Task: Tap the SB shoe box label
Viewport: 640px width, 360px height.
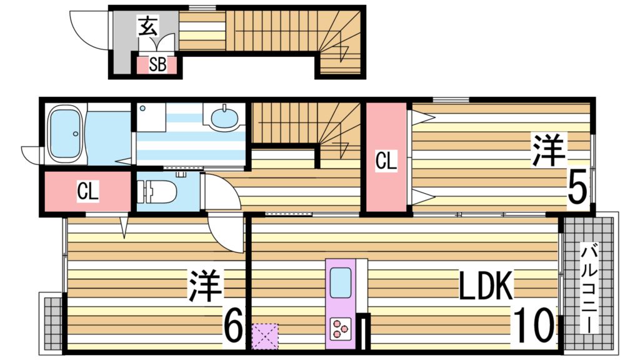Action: tap(157, 65)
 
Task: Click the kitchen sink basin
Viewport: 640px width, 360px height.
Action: tap(340, 282)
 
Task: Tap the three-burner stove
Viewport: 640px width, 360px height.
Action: tap(340, 327)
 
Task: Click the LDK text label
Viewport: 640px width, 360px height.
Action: tap(486, 287)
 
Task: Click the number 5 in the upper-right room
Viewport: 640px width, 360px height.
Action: tap(577, 186)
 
